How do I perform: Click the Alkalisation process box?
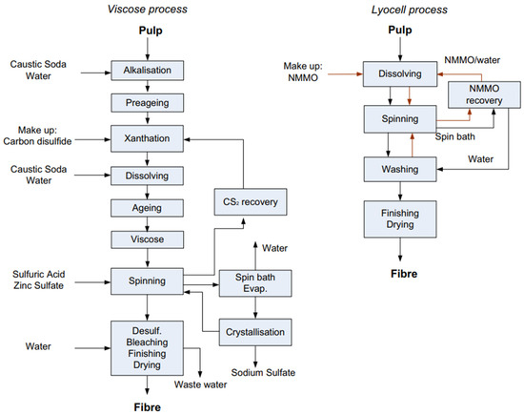[x=145, y=70]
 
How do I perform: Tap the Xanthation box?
[x=145, y=137]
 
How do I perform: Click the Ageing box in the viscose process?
[x=145, y=207]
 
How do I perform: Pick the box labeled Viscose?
[x=145, y=238]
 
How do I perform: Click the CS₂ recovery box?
[x=243, y=201]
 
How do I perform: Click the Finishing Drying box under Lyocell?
[x=397, y=219]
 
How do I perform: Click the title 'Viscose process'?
[x=145, y=10]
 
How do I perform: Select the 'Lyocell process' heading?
[x=397, y=10]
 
